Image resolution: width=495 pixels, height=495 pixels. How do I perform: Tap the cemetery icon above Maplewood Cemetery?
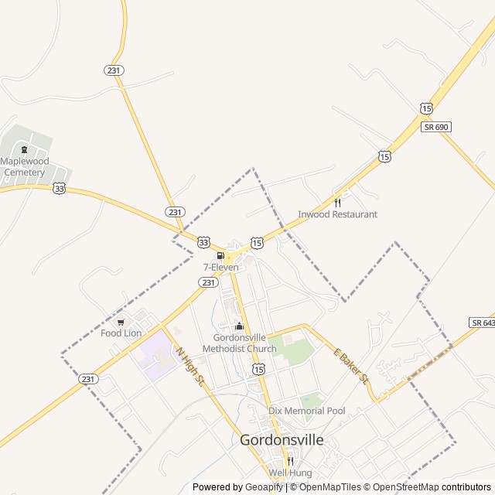tap(24, 150)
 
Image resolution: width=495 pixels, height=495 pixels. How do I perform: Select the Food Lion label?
tap(121, 333)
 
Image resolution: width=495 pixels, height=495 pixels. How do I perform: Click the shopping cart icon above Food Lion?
tap(121, 322)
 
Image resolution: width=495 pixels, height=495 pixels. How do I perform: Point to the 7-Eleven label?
tap(221, 267)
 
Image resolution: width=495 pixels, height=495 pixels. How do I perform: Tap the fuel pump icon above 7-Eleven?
tap(220, 256)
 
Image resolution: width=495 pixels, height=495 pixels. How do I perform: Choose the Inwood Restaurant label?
tap(338, 214)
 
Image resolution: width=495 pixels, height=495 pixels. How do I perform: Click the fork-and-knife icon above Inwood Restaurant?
tap(337, 203)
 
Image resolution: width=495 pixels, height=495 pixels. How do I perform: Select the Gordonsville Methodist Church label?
tap(239, 343)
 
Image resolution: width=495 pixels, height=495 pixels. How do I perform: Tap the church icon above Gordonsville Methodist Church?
tap(239, 326)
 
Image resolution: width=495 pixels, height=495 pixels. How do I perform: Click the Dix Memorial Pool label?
tap(307, 411)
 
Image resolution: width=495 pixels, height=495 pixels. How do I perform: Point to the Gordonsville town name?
tap(282, 440)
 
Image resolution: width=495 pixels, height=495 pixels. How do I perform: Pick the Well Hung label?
tap(290, 473)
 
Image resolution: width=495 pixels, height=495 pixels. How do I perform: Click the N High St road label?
tap(190, 367)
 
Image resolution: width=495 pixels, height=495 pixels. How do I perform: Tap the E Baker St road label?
tap(353, 367)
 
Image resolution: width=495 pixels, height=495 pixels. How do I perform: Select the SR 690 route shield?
tap(436, 126)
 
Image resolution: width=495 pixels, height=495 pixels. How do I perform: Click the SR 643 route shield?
tap(483, 322)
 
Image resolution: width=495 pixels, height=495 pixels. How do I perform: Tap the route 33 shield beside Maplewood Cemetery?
tap(59, 188)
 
